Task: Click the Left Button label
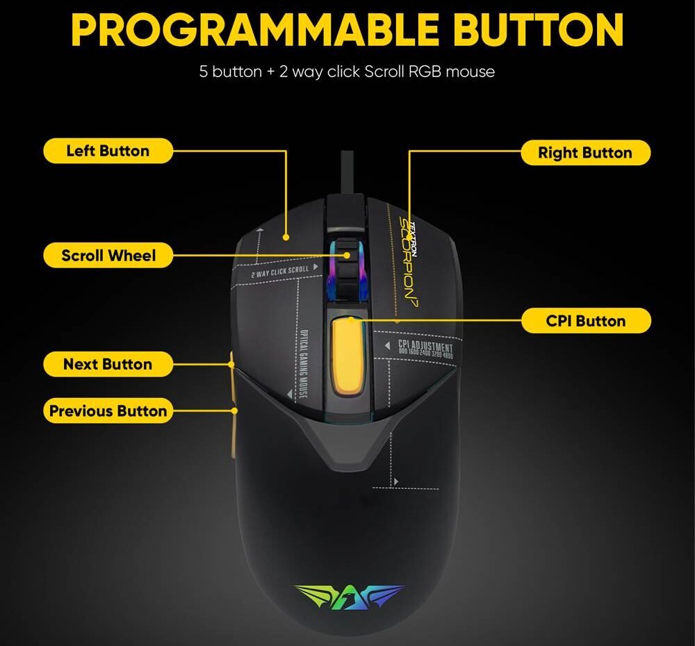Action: click(108, 151)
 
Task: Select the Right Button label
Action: click(585, 153)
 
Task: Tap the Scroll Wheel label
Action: click(108, 256)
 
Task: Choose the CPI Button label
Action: click(585, 321)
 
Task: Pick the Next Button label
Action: click(108, 364)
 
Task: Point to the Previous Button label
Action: click(108, 411)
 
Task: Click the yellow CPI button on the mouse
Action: click(350, 354)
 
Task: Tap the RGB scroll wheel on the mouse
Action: click(349, 267)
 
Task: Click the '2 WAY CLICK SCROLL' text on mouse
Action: click(280, 270)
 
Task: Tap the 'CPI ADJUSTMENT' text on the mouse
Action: click(425, 347)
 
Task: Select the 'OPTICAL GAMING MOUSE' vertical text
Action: click(305, 365)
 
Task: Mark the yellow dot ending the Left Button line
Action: click(286, 238)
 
